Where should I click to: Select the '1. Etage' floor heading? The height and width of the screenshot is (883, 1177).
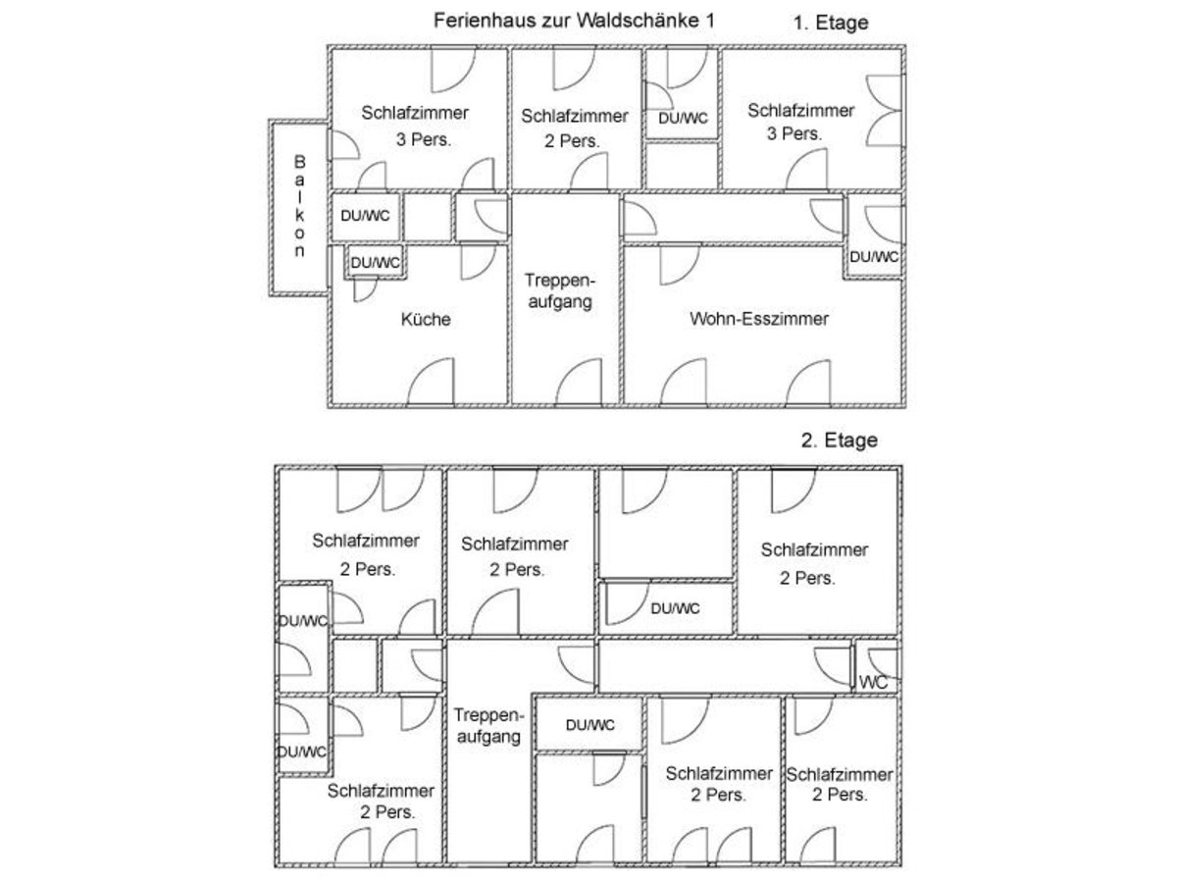pyautogui.click(x=831, y=23)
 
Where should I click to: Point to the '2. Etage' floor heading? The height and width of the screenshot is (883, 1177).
pyautogui.click(x=839, y=441)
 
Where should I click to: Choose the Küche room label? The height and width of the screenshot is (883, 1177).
pyautogui.click(x=427, y=320)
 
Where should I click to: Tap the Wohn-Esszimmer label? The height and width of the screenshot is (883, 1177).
pyautogui.click(x=760, y=319)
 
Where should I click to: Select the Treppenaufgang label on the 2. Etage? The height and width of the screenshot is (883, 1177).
pyautogui.click(x=486, y=726)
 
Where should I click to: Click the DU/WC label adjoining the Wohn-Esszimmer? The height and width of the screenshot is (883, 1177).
pyautogui.click(x=873, y=257)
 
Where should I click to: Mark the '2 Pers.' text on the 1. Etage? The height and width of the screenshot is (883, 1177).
pyautogui.click(x=572, y=140)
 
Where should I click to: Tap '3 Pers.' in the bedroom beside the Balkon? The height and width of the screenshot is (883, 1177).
pyautogui.click(x=423, y=139)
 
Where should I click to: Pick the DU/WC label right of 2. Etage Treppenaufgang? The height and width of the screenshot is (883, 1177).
pyautogui.click(x=589, y=725)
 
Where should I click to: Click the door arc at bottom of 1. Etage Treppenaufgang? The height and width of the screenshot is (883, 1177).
pyautogui.click(x=580, y=383)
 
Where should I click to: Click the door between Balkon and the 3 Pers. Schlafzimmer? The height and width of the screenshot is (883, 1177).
pyautogui.click(x=341, y=145)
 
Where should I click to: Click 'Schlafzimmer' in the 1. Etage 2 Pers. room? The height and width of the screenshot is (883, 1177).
pyautogui.click(x=575, y=116)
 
